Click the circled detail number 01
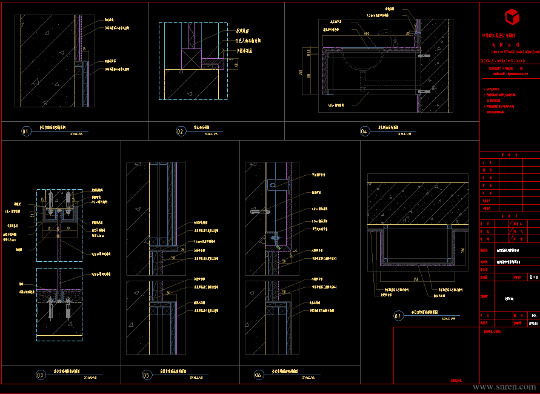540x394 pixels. point(25,131)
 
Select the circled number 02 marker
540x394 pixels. point(181,131)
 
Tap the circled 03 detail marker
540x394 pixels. point(41,375)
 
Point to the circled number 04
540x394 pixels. point(364,131)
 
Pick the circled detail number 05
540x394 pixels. point(147,375)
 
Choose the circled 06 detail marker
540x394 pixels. point(258,375)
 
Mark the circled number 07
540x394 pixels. point(398,316)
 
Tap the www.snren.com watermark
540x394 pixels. point(504,387)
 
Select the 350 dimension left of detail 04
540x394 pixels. point(301,72)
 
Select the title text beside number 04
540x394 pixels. point(388,128)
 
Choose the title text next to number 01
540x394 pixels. point(59,128)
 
